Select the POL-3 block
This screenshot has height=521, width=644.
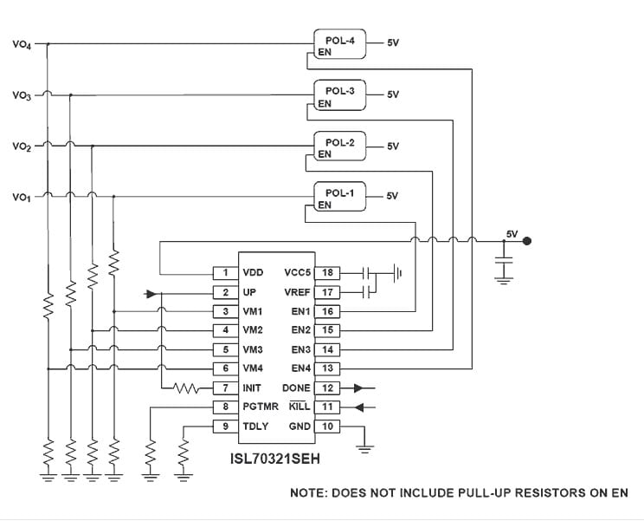(339, 91)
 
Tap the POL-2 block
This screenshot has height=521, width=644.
(339, 143)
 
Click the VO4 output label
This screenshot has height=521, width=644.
(23, 44)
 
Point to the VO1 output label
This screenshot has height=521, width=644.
(23, 199)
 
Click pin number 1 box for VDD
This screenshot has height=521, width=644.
(225, 273)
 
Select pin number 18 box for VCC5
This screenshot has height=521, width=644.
(328, 273)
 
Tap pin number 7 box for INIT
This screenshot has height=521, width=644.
(225, 388)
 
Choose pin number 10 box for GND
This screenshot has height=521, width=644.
(328, 427)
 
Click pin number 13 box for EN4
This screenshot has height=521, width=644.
(328, 369)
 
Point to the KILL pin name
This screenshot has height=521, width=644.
(299, 407)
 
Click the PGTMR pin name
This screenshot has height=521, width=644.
(261, 407)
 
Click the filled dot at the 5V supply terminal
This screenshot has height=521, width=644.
(528, 242)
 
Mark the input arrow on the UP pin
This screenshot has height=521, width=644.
(154, 293)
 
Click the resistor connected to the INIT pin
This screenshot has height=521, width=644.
(187, 388)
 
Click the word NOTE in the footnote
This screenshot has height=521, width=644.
(309, 492)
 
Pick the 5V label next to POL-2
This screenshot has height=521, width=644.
(393, 147)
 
